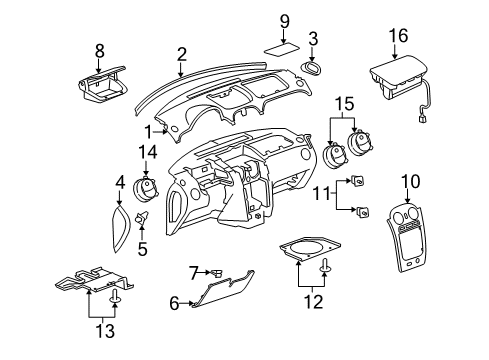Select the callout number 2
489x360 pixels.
pyautogui.click(x=181, y=53)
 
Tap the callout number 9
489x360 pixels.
pyautogui.click(x=284, y=19)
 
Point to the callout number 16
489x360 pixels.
pyautogui.click(x=398, y=37)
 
